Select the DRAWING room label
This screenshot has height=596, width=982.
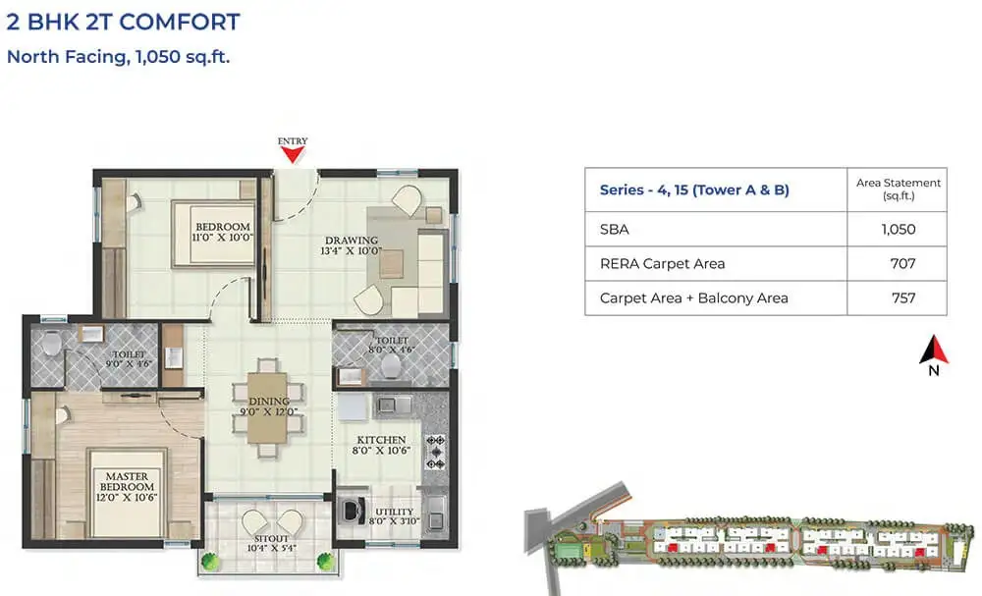click(x=352, y=245)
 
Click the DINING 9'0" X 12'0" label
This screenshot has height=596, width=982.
click(x=268, y=406)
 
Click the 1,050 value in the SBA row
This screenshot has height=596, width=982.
click(x=898, y=229)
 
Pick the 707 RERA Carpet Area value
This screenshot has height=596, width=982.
click(x=901, y=263)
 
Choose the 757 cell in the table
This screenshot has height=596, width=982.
click(x=901, y=298)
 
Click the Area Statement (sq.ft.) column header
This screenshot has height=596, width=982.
click(x=898, y=190)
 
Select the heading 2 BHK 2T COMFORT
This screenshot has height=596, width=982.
click(x=123, y=22)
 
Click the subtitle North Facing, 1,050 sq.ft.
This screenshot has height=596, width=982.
click(x=118, y=56)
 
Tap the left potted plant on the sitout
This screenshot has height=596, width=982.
click(x=209, y=563)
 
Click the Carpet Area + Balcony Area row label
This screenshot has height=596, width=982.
click(x=693, y=298)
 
